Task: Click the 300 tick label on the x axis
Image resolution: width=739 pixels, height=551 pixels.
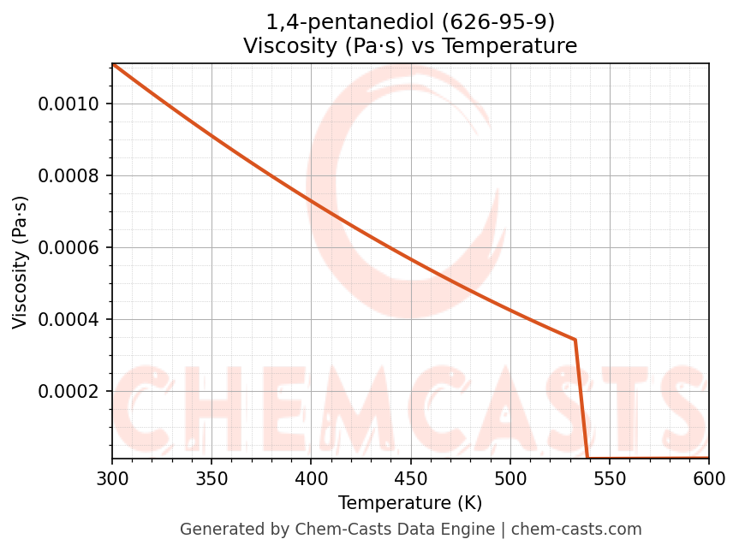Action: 112,478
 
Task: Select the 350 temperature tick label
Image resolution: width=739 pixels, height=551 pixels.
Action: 212,478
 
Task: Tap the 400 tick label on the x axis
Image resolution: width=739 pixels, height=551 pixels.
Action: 311,478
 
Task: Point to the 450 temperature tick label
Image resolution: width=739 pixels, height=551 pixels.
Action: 410,478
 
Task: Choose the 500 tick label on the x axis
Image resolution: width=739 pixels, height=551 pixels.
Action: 510,478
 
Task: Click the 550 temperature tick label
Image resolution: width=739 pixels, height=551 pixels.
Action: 610,478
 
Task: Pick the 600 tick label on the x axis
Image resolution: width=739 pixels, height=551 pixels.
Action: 709,478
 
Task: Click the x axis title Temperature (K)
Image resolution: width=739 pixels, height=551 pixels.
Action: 410,503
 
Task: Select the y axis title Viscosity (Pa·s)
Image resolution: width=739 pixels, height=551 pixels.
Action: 21,262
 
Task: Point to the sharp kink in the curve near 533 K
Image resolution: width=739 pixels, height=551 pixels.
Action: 575,340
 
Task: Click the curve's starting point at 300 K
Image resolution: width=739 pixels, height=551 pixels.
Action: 113,64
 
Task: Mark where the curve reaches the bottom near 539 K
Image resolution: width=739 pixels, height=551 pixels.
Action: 587,458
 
